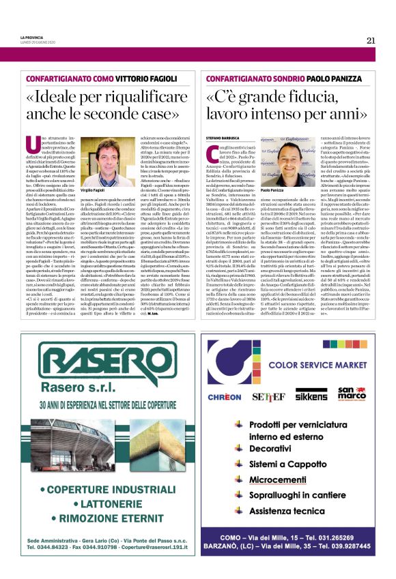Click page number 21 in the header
pyautogui.click(x=371, y=40)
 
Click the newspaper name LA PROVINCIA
pyautogui.click(x=31, y=35)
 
